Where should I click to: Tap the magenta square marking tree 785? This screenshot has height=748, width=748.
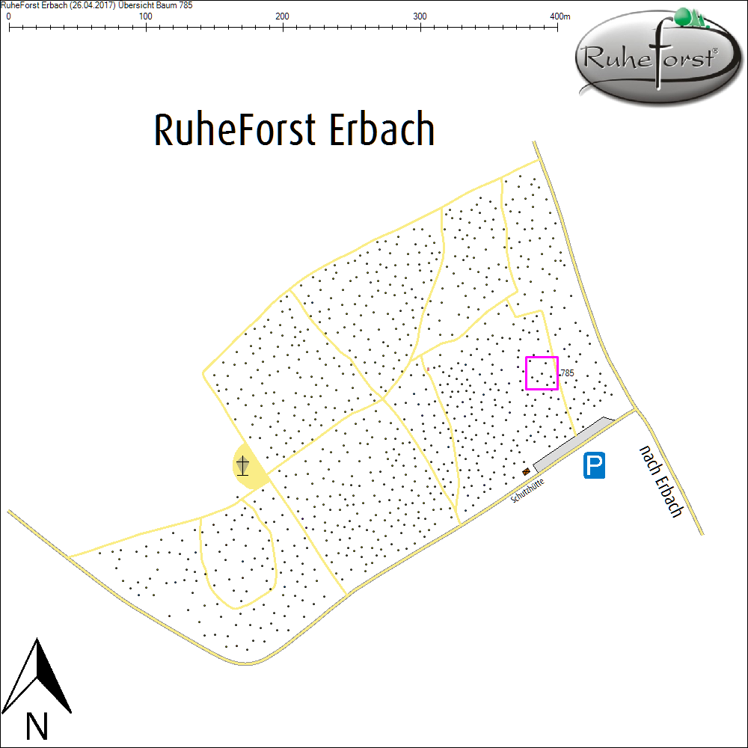[542, 373]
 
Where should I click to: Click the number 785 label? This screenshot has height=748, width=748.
[567, 373]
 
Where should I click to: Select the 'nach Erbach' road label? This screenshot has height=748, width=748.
[661, 481]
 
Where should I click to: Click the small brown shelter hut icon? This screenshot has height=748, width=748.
[527, 471]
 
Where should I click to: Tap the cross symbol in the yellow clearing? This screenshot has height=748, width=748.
[242, 467]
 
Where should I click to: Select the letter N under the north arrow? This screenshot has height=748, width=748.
[37, 725]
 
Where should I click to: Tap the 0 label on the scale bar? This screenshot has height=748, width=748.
[8, 16]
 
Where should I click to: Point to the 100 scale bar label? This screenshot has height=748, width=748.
[146, 16]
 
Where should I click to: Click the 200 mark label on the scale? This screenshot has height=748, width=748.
[283, 16]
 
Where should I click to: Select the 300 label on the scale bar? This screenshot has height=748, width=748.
[420, 16]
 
